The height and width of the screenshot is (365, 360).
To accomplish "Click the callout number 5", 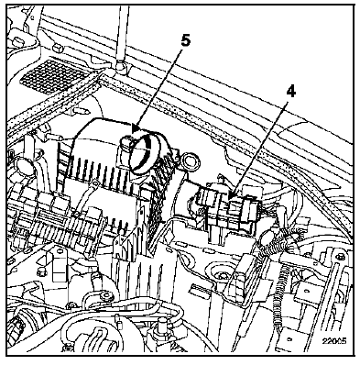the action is click(x=185, y=41).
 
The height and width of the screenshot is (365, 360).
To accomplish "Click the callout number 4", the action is click(x=291, y=91).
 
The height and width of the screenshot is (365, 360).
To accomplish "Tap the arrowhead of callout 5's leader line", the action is click(x=136, y=128).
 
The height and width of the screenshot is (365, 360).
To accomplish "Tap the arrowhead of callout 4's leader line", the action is click(x=231, y=195).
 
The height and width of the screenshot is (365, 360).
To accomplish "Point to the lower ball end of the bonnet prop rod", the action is click(x=120, y=68).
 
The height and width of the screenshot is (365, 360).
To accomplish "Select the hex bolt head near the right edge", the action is click(x=341, y=256).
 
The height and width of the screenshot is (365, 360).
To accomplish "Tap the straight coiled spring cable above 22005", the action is click(x=279, y=293).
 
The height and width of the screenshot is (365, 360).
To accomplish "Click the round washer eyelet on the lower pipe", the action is click(x=106, y=295).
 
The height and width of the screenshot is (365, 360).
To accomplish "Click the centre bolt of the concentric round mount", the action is click(x=221, y=276).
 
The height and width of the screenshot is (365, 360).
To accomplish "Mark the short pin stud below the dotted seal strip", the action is click(x=80, y=110).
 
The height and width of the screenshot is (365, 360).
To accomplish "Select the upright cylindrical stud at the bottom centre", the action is click(x=162, y=325).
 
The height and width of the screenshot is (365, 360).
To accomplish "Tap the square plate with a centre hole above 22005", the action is click(x=306, y=290).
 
